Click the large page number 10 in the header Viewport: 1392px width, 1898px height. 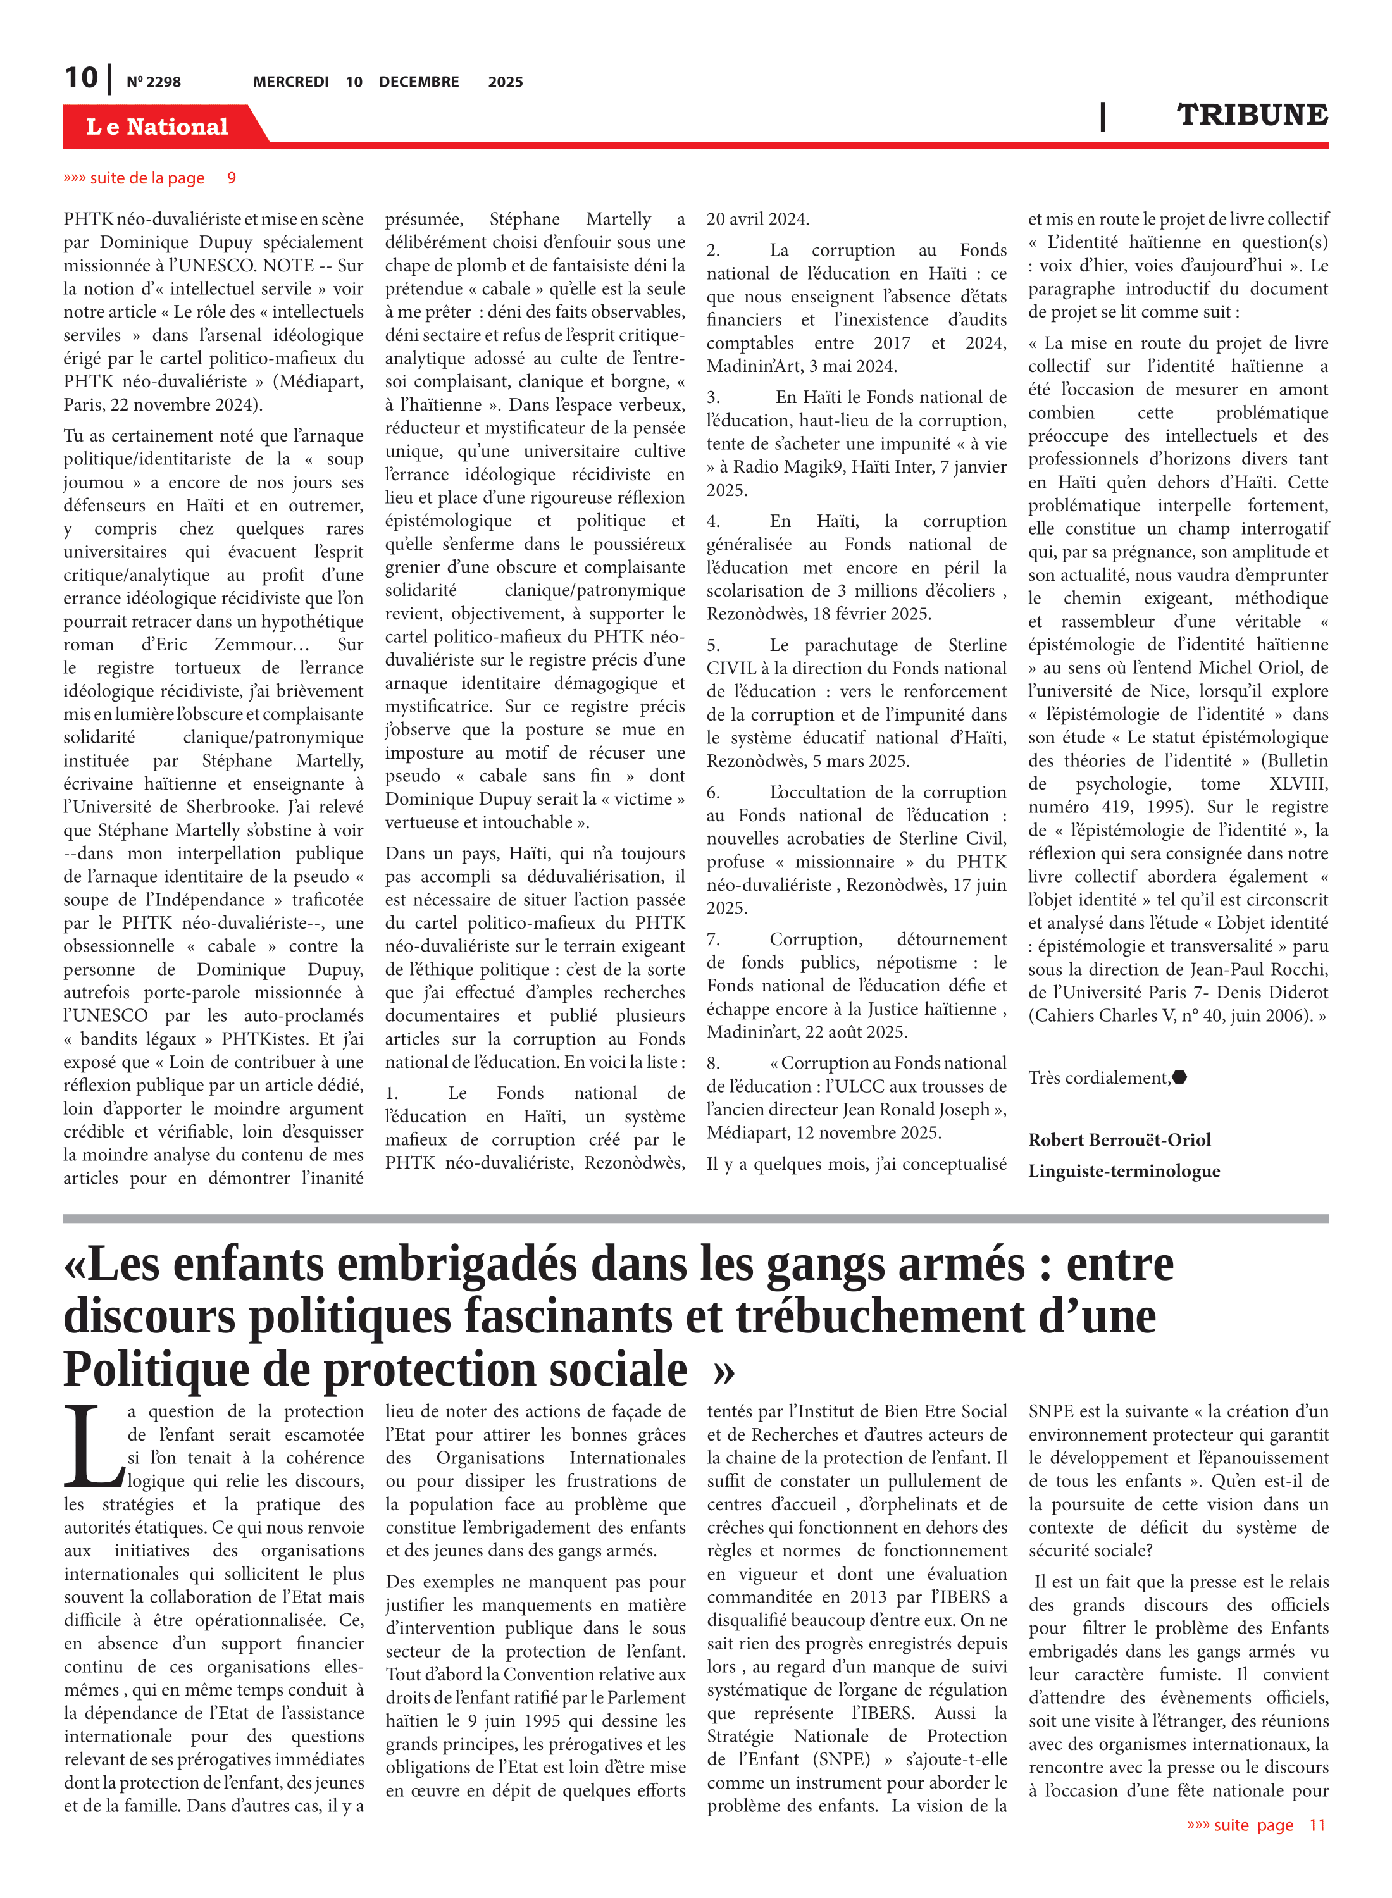click(82, 78)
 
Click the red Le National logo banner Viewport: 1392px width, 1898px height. click(158, 127)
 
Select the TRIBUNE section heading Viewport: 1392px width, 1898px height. click(1252, 115)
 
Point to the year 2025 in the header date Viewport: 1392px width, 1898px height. click(505, 82)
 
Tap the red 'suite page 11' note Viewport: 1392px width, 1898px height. click(1255, 1825)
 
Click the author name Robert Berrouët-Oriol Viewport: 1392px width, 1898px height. click(1119, 1140)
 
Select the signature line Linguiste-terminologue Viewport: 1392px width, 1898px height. click(1123, 1171)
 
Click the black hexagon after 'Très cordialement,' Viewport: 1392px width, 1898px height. click(1179, 1077)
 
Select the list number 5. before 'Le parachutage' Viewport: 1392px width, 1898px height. click(714, 645)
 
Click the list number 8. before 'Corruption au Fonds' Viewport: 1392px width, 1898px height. click(714, 1063)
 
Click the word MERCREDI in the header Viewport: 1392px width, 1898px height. click(290, 82)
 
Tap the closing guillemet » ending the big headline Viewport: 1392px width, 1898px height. click(723, 1370)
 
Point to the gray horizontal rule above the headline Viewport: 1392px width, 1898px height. click(695, 1218)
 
